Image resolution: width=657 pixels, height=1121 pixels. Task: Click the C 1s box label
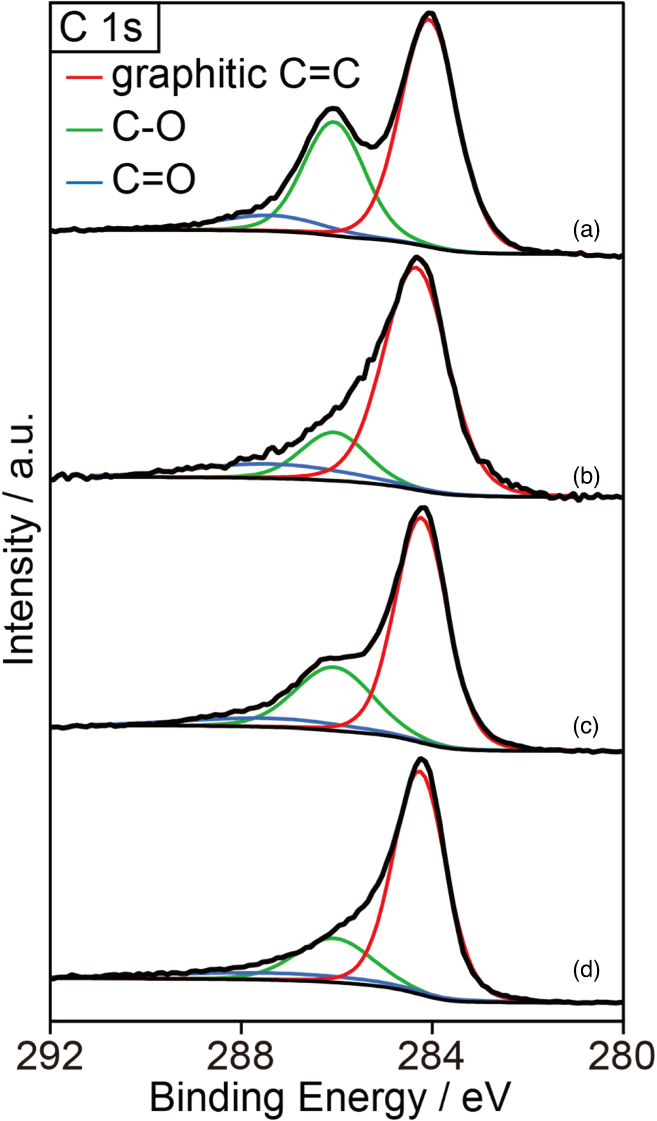pyautogui.click(x=103, y=27)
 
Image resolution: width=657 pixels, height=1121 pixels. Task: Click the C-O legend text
pyautogui.click(x=149, y=128)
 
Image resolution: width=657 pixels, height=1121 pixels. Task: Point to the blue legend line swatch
pyautogui.click(x=84, y=181)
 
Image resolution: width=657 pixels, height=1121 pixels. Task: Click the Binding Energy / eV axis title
pyautogui.click(x=330, y=1097)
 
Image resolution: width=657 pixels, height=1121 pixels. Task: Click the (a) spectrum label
pyautogui.click(x=586, y=230)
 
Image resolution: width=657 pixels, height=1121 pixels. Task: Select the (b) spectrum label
pyautogui.click(x=586, y=476)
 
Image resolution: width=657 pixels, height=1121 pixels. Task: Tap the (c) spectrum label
pyautogui.click(x=586, y=726)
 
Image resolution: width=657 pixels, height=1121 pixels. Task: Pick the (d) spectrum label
pyautogui.click(x=586, y=970)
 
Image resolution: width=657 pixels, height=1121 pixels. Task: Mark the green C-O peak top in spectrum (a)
pyautogui.click(x=333, y=122)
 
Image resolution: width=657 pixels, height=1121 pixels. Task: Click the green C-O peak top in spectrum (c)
pyautogui.click(x=331, y=666)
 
